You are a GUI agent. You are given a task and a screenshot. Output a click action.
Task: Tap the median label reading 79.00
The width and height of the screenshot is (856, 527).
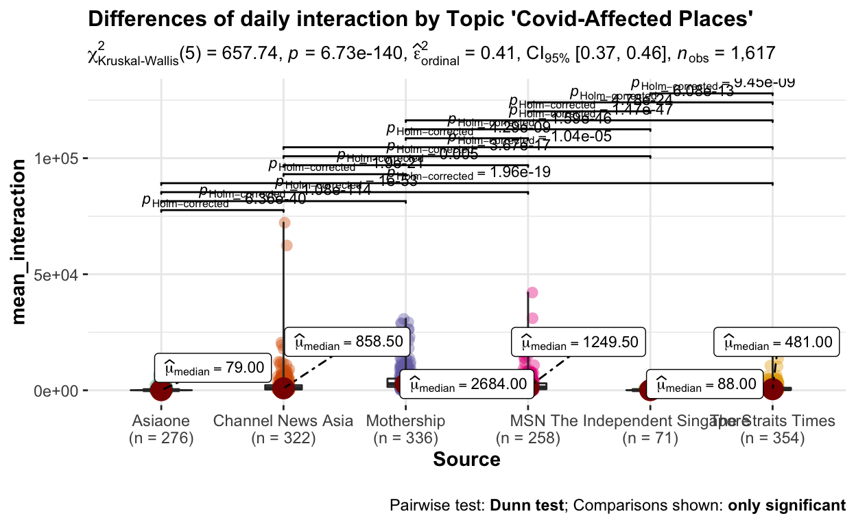point(212,368)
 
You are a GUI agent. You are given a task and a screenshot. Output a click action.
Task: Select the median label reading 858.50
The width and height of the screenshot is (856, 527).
point(348,341)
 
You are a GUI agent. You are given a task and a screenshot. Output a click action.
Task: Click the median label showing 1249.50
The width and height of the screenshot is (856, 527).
point(578,341)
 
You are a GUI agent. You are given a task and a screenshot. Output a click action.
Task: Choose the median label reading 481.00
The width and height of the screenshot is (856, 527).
point(776,341)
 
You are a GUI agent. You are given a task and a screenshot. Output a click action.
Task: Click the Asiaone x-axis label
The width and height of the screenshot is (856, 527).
point(161,421)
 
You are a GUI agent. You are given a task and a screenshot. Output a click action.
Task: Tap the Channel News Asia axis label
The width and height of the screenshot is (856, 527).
point(283,421)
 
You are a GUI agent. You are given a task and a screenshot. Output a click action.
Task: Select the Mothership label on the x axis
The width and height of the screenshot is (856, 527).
point(405,421)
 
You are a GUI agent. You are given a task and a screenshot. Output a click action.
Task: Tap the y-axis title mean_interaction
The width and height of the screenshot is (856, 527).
point(23,240)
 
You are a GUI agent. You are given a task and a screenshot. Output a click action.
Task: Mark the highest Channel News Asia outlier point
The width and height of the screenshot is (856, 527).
point(285,222)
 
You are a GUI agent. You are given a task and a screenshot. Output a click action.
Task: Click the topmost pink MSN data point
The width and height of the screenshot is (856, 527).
point(532,293)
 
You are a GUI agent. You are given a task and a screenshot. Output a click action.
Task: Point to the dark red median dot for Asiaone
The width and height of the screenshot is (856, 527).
point(161,390)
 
